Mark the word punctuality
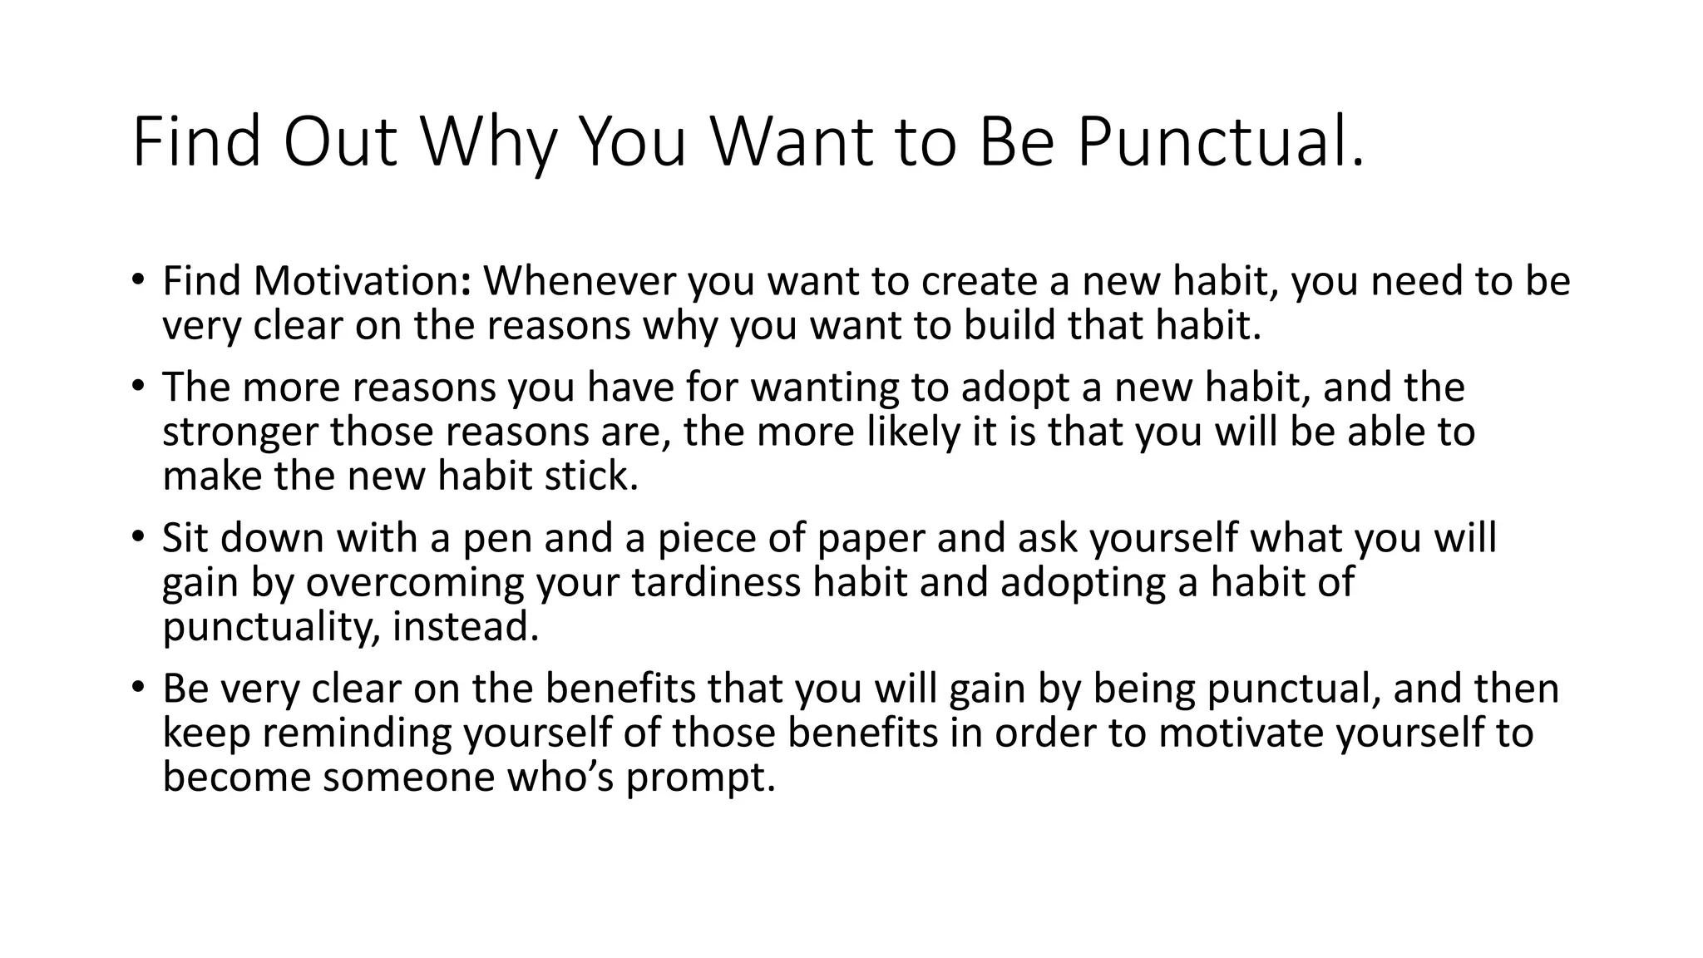click(270, 626)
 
